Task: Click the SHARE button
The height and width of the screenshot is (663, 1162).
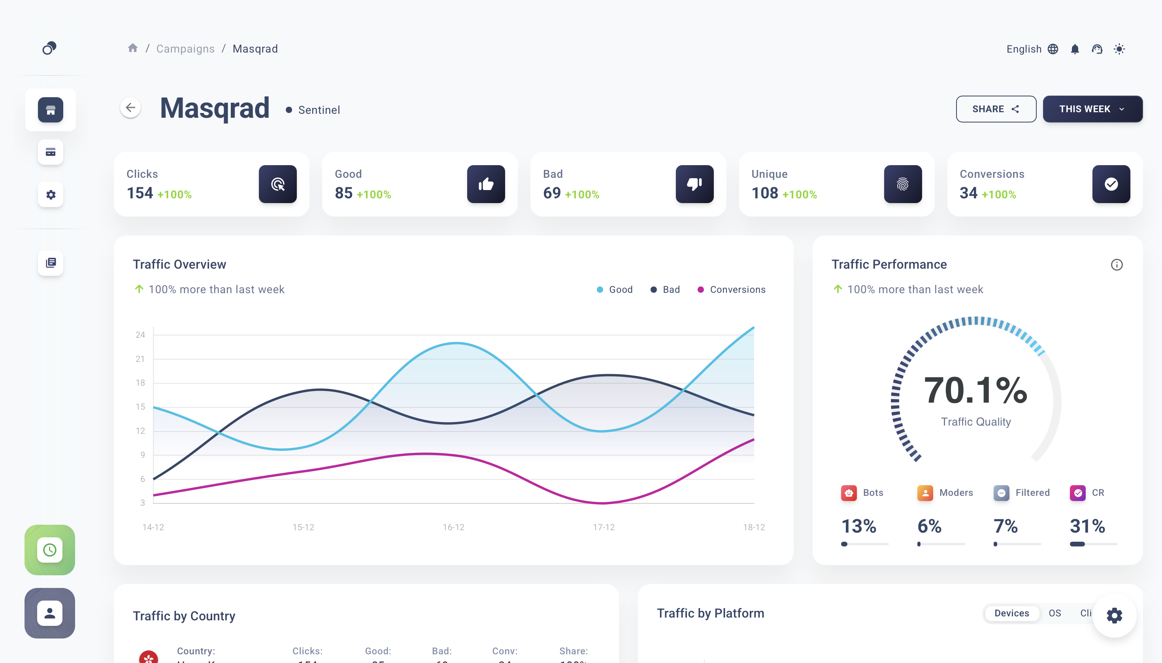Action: click(995, 109)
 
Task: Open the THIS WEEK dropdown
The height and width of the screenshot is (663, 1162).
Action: click(1092, 109)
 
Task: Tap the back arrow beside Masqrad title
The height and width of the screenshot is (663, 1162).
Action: click(130, 108)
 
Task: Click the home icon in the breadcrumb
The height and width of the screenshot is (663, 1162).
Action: click(132, 48)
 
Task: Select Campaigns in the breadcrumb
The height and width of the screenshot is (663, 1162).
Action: click(185, 49)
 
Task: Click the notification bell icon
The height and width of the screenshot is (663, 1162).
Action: click(1075, 49)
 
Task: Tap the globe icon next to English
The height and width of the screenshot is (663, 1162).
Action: click(1053, 49)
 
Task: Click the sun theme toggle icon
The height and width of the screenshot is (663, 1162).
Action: click(1119, 49)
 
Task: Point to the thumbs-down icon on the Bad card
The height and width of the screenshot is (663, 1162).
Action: click(694, 184)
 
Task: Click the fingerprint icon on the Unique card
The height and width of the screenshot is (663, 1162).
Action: click(902, 184)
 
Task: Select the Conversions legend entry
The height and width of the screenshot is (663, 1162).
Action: click(732, 290)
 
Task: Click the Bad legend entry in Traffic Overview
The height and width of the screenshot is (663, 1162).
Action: click(666, 290)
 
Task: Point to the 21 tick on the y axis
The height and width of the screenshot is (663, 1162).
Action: click(140, 359)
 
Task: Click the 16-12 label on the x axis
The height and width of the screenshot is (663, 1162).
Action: click(453, 527)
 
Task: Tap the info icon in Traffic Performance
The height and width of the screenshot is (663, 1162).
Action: click(1117, 265)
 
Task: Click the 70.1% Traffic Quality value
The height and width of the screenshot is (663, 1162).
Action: click(975, 390)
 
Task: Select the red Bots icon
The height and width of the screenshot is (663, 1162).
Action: click(849, 493)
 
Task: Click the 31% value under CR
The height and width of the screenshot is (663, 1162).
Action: click(1087, 526)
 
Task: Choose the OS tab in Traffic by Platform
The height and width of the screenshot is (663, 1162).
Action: click(1054, 613)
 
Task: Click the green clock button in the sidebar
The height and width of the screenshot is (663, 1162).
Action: click(50, 550)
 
